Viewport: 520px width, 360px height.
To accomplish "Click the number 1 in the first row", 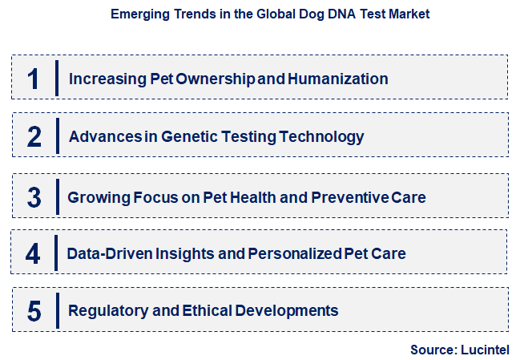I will [x=33, y=79].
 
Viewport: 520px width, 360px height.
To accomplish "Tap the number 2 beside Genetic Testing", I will [x=34, y=136].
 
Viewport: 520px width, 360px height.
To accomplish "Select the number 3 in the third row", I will [x=34, y=196].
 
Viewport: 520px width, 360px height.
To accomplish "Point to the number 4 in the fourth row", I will [x=33, y=253].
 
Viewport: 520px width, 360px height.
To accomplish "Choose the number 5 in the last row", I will [x=34, y=310].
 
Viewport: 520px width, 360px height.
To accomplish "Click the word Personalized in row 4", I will [x=292, y=253].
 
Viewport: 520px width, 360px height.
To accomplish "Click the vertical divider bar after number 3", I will [x=58, y=196].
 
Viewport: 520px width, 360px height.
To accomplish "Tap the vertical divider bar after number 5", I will [x=58, y=310].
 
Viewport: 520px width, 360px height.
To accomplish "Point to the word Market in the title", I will [x=409, y=14].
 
